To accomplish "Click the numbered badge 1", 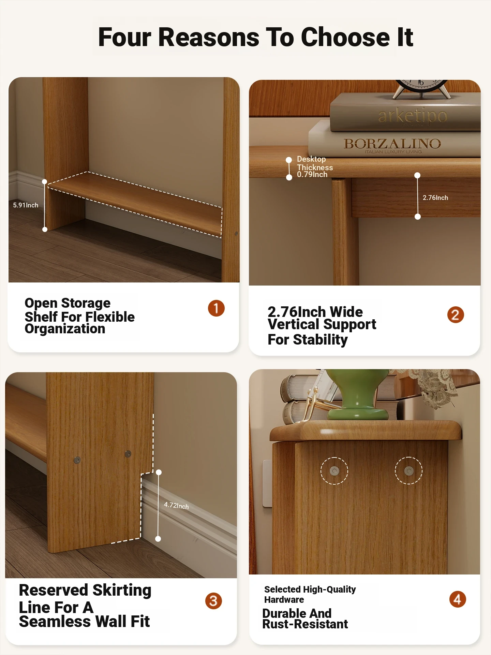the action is (216, 308).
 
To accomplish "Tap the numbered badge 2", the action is (456, 315).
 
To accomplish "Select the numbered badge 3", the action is (213, 601).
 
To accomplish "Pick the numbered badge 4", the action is (458, 599).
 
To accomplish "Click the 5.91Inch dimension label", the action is (26, 205).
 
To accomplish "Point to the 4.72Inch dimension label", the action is (176, 506).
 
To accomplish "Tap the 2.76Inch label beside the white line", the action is (435, 198).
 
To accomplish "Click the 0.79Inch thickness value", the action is (312, 175).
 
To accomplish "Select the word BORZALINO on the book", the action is (392, 144).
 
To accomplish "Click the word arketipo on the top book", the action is (413, 115).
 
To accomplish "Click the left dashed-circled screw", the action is (334, 471).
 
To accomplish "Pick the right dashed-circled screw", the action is (408, 471).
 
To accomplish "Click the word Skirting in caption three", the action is (122, 591).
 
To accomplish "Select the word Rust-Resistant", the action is (305, 624).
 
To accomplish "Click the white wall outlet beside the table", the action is (267, 483).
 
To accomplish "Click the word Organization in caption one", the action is (65, 329).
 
